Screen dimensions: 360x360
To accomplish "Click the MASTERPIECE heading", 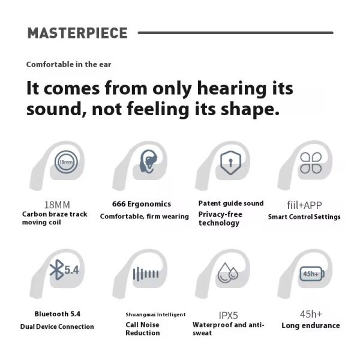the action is tap(77, 33).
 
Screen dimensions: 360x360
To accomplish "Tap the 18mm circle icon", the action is tap(66, 162).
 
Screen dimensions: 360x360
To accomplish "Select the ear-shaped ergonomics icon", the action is tap(148, 161).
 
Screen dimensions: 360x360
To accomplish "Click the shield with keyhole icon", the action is tap(230, 163).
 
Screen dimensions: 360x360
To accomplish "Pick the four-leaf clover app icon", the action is tap(311, 163).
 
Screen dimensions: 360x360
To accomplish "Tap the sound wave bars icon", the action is tap(146, 274).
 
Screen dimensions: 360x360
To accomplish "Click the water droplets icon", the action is tap(228, 273).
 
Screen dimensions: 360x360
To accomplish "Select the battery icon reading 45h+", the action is tap(312, 274).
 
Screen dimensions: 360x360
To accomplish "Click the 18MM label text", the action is tap(57, 205).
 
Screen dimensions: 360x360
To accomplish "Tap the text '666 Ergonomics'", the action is tap(142, 204).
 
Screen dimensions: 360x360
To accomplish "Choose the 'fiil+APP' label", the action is tap(304, 205).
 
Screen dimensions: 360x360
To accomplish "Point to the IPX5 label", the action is tap(228, 316).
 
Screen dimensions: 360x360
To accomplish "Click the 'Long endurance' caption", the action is tap(311, 326).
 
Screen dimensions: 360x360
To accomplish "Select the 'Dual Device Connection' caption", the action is tap(57, 326).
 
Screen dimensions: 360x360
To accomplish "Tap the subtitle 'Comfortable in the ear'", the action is tap(68, 65).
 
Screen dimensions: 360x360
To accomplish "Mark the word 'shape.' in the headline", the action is tap(250, 109).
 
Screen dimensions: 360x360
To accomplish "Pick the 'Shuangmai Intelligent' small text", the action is tap(155, 314).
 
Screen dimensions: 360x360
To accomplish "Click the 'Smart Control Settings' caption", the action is tap(304, 217).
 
